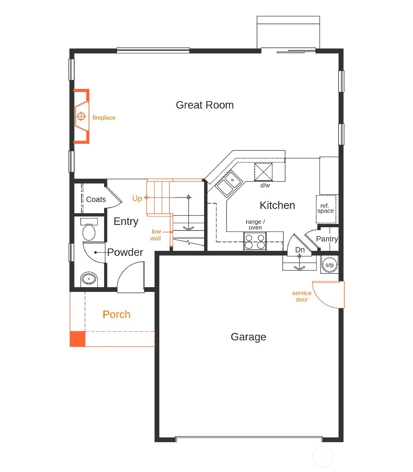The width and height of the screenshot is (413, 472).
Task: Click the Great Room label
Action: (x=204, y=105)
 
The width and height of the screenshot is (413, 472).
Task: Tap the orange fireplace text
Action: (x=104, y=117)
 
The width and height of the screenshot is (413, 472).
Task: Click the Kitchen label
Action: (x=277, y=205)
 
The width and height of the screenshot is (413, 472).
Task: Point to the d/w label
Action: (x=265, y=185)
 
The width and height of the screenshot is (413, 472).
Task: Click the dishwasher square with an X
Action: (x=263, y=172)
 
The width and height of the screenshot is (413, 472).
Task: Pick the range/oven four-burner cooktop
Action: (x=255, y=241)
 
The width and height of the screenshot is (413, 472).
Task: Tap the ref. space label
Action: (x=325, y=208)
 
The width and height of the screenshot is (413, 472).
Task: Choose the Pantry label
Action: (x=327, y=239)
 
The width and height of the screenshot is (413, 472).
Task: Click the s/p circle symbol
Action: (x=329, y=265)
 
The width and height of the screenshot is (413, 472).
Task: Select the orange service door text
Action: (x=301, y=296)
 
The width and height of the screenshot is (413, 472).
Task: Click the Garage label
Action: (x=248, y=337)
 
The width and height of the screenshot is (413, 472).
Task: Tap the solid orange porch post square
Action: (x=77, y=339)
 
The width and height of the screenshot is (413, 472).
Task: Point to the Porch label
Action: (x=116, y=314)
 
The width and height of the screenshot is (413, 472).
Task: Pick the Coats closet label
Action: (x=96, y=199)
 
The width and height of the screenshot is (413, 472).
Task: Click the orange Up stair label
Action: (x=137, y=198)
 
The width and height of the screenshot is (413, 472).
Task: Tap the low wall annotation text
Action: (x=156, y=235)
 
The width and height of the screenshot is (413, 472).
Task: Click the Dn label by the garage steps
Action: (x=299, y=250)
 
